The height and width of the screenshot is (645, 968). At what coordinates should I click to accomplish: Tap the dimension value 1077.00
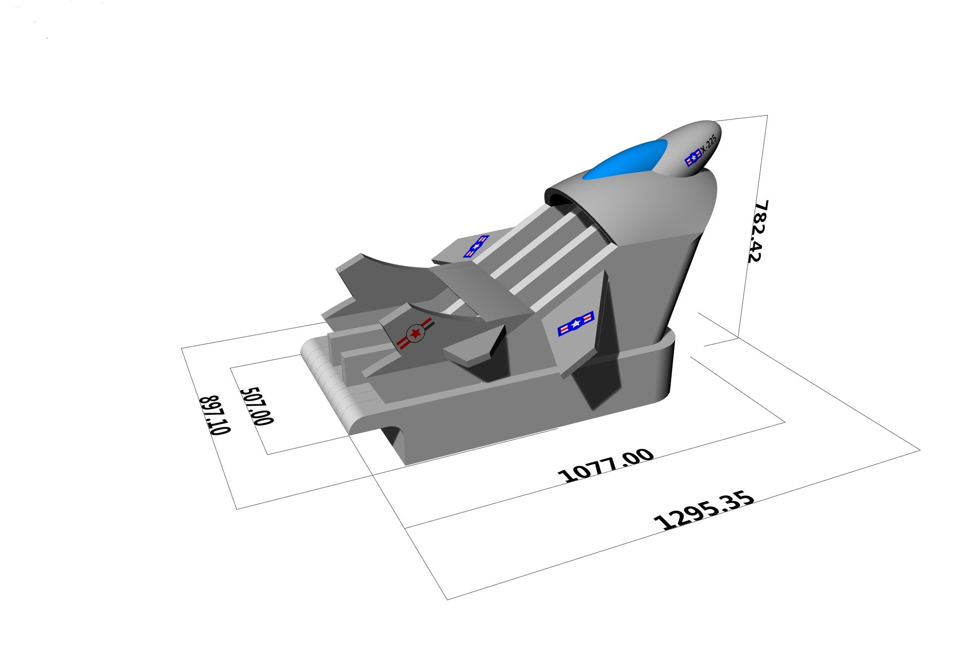point(606,466)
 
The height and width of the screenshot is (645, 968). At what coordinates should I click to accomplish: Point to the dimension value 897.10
point(216,415)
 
